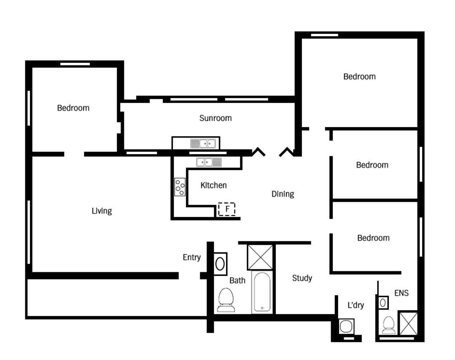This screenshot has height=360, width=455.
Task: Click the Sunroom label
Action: pyautogui.click(x=215, y=118)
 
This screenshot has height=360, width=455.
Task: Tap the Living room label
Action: pyautogui.click(x=102, y=211)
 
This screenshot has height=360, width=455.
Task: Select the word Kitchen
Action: pyautogui.click(x=213, y=185)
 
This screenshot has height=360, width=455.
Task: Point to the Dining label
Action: pyautogui.click(x=283, y=194)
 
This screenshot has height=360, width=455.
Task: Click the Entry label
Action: pyautogui.click(x=191, y=257)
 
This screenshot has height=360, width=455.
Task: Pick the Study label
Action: pyautogui.click(x=302, y=278)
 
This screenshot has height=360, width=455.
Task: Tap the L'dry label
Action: pyautogui.click(x=355, y=305)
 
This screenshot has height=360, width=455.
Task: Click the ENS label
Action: pyautogui.click(x=401, y=293)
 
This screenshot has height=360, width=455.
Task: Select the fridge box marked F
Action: pyautogui.click(x=226, y=209)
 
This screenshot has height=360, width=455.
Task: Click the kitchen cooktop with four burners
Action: pyautogui.click(x=180, y=187)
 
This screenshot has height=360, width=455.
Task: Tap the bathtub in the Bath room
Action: pyautogui.click(x=262, y=292)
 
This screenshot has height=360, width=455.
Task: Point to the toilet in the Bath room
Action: pyautogui.click(x=226, y=300)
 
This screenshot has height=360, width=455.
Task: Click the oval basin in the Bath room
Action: pyautogui.click(x=220, y=264)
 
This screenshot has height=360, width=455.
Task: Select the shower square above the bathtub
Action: pyautogui.click(x=260, y=257)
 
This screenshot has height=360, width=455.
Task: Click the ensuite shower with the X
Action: pyautogui.click(x=409, y=323)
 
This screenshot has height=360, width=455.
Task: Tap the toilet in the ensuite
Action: pyautogui.click(x=389, y=325)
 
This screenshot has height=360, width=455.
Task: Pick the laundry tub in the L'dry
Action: pyautogui.click(x=346, y=326)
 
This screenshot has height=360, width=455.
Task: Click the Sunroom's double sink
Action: pyautogui.click(x=203, y=143)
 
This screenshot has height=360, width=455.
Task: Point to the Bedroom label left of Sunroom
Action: pyautogui.click(x=73, y=108)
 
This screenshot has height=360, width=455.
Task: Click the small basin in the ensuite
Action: pyautogui.click(x=383, y=303)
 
